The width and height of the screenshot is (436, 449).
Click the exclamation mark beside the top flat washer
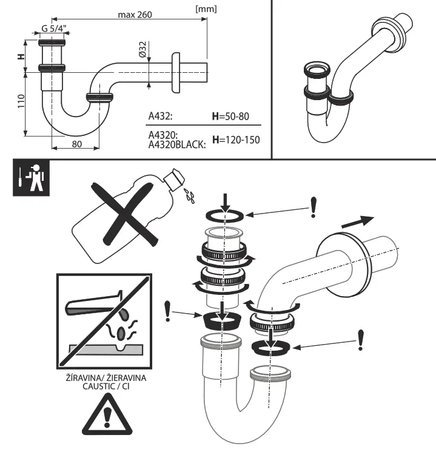(x=313, y=207)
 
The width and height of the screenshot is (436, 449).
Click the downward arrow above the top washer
(x=225, y=201)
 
